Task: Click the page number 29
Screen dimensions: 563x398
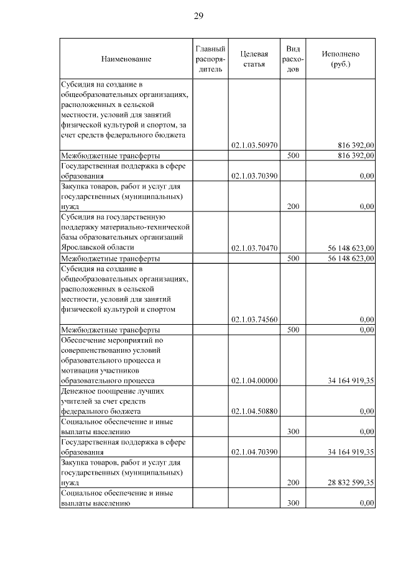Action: point(198,16)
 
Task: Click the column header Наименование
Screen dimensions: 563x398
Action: point(126,58)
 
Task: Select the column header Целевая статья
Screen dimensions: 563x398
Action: point(254,58)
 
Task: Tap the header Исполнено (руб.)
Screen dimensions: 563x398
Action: point(340,58)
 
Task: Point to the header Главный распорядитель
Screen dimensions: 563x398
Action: point(210,58)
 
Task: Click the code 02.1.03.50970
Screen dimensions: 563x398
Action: point(254,146)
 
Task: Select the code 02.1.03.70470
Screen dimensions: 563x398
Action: point(254,248)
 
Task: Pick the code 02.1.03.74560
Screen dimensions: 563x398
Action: point(254,319)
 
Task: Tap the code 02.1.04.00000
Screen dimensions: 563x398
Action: point(254,380)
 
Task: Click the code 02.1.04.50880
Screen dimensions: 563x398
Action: point(254,411)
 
